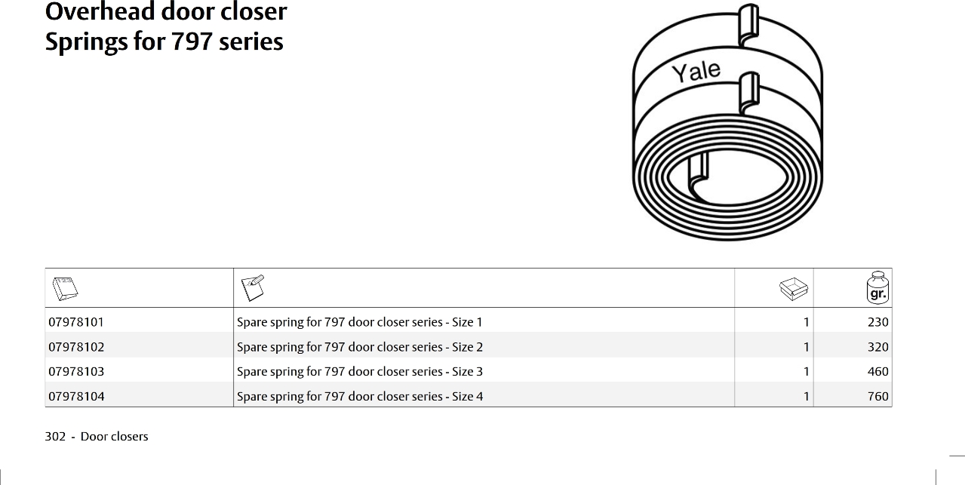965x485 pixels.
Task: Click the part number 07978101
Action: pyautogui.click(x=76, y=322)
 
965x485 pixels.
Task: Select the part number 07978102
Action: pyautogui.click(x=76, y=347)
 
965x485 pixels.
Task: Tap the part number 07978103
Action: pyautogui.click(x=76, y=372)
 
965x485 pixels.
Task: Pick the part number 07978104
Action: pyautogui.click(x=76, y=396)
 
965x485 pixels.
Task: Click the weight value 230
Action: pyautogui.click(x=878, y=322)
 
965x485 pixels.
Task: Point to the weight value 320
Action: pyautogui.click(x=878, y=347)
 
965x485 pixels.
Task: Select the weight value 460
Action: pyautogui.click(x=878, y=372)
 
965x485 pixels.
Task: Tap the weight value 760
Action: pyautogui.click(x=878, y=396)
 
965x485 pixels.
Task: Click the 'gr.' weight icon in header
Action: pyautogui.click(x=877, y=287)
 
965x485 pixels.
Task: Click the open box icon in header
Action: pyautogui.click(x=794, y=289)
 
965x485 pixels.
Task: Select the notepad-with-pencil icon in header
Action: pyautogui.click(x=253, y=287)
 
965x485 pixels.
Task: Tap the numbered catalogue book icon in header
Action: pyautogui.click(x=65, y=289)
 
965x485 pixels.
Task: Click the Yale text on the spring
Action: pyautogui.click(x=696, y=72)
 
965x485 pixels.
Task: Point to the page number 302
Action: pyautogui.click(x=55, y=437)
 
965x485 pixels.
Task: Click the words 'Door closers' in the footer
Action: pyautogui.click(x=114, y=437)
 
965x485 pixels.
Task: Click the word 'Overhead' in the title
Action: pyautogui.click(x=100, y=11)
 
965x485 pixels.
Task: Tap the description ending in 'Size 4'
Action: pyautogui.click(x=360, y=396)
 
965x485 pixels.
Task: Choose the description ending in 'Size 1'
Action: pyautogui.click(x=359, y=322)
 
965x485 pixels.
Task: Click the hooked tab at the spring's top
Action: pyautogui.click(x=748, y=25)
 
